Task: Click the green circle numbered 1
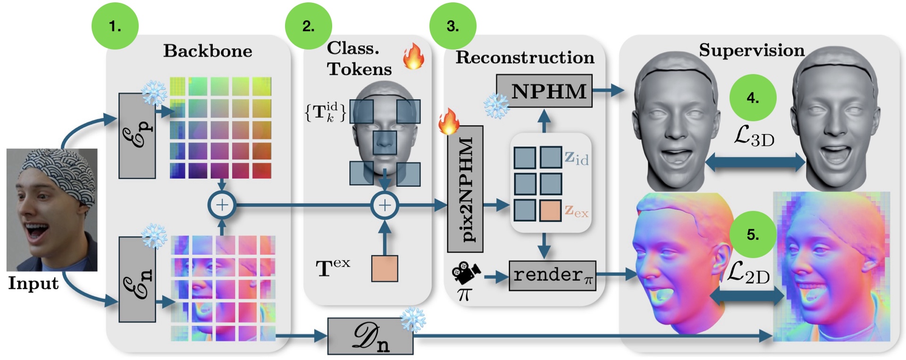pos(115,26)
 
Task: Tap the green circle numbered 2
pos(308,26)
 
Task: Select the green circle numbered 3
pos(453,26)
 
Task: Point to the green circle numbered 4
pos(753,98)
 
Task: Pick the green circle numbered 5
pos(753,234)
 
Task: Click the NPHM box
pos(544,91)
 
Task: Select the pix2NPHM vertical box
pos(465,189)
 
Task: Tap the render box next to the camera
pos(552,276)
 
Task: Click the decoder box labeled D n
pos(370,336)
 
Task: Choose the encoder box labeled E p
pos(137,136)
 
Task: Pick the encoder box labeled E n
pos(137,279)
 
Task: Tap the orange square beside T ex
pos(385,268)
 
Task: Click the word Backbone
pos(208,51)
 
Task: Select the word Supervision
pos(752,50)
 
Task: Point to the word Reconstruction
pos(525,58)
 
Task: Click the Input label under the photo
pos(33,283)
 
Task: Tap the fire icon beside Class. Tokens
pos(413,57)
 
